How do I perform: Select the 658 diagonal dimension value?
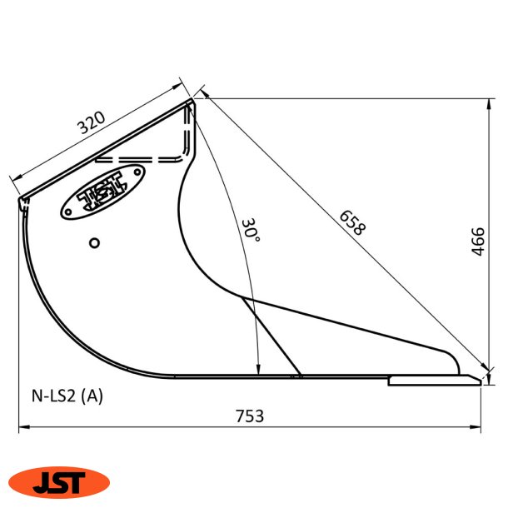[351, 223]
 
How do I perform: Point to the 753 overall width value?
[250, 416]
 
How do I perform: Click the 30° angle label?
[251, 231]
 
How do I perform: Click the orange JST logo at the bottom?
[59, 481]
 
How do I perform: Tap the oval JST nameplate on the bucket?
[102, 192]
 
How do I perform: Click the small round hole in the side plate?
[95, 242]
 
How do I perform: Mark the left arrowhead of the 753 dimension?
[22, 428]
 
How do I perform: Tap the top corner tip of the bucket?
[193, 101]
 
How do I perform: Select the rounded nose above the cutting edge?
[452, 365]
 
